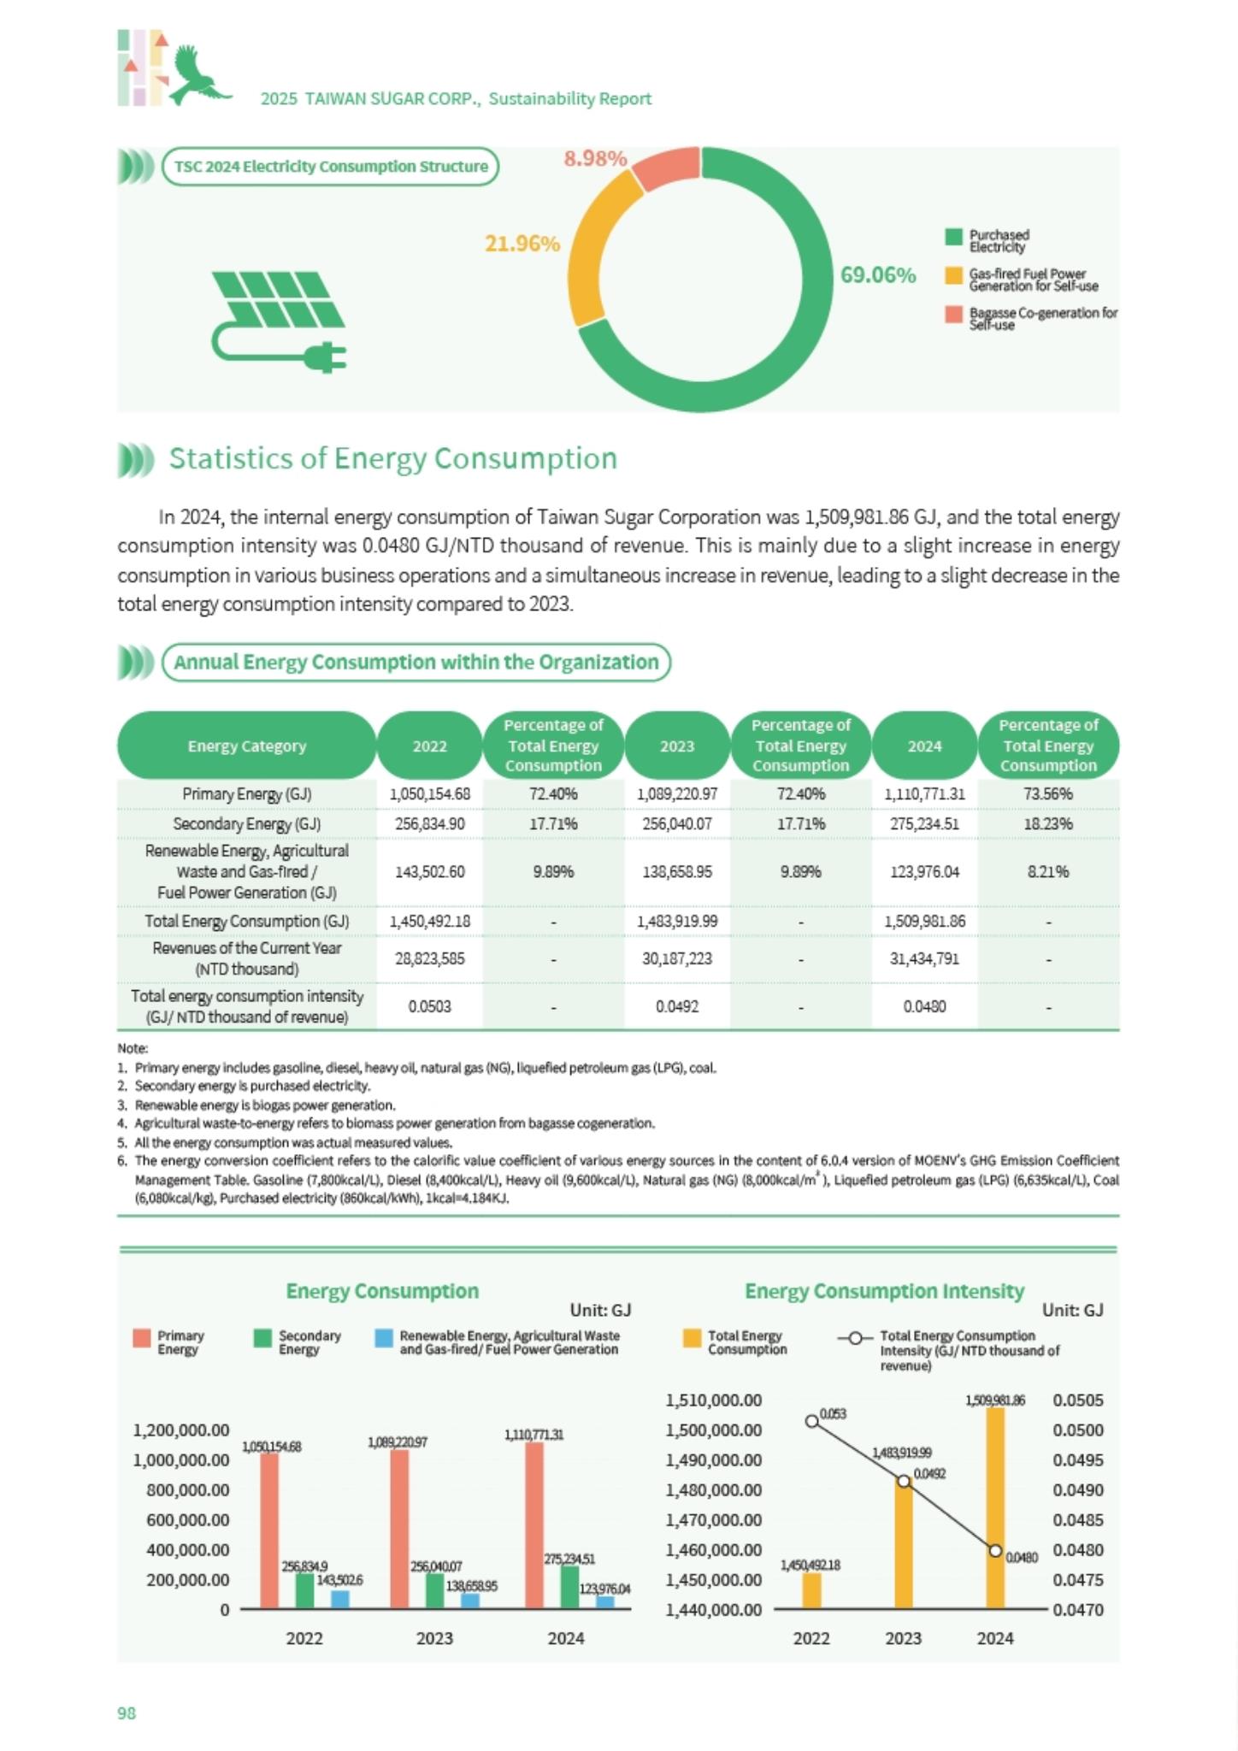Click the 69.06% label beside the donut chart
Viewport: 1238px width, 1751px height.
(878, 275)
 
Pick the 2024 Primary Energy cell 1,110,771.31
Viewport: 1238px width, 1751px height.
(924, 793)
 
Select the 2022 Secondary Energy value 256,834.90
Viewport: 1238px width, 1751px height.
(429, 823)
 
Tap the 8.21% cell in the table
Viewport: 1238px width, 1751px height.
(1048, 871)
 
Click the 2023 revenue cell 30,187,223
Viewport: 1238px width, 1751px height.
(677, 958)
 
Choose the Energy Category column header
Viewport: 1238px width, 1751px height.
(247, 746)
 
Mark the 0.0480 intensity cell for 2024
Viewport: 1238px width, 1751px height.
(924, 1006)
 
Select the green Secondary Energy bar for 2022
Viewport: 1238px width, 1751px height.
(305, 1591)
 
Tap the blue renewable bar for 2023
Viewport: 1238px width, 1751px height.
(470, 1601)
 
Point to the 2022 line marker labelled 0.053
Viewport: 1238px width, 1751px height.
(811, 1421)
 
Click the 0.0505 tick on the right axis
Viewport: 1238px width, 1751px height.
(1078, 1400)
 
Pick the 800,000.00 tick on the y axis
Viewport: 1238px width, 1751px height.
(187, 1490)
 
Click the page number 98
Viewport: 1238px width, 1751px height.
(127, 1713)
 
